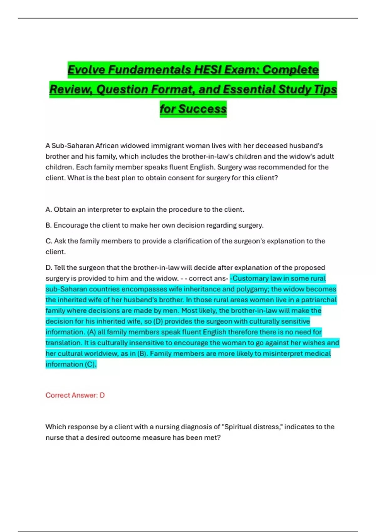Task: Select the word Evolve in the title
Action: click(x=86, y=69)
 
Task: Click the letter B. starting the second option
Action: click(x=49, y=225)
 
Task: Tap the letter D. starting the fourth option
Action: click(x=49, y=268)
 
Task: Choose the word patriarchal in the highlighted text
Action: click(x=319, y=300)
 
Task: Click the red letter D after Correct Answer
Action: click(x=102, y=395)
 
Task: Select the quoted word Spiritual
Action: click(x=238, y=427)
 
